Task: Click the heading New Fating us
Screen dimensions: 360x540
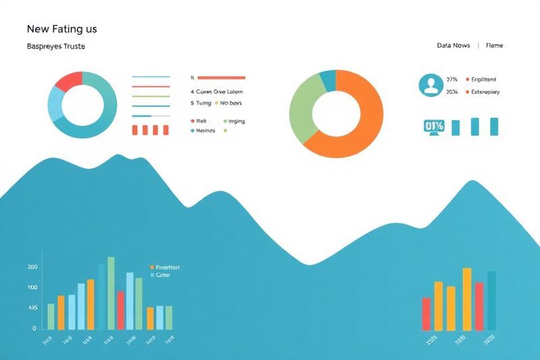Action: point(62,29)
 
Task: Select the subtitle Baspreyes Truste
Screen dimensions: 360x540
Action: point(55,47)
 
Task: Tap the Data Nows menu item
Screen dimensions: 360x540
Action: point(453,45)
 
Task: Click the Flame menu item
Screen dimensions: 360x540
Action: point(494,45)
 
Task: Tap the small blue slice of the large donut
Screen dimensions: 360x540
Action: point(327,80)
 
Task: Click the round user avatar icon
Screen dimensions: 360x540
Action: point(430,85)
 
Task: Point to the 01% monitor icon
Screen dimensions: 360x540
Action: point(433,126)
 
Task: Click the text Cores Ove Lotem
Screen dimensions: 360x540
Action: point(219,92)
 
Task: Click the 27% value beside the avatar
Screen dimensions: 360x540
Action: point(452,79)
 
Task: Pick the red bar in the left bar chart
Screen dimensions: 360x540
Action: point(120,310)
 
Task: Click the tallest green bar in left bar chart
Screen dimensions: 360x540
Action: point(111,292)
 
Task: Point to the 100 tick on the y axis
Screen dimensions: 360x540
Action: point(32,288)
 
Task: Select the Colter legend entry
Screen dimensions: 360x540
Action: point(163,275)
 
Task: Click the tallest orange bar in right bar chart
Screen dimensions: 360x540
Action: point(466,299)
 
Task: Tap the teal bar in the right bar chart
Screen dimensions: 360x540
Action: point(491,301)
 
